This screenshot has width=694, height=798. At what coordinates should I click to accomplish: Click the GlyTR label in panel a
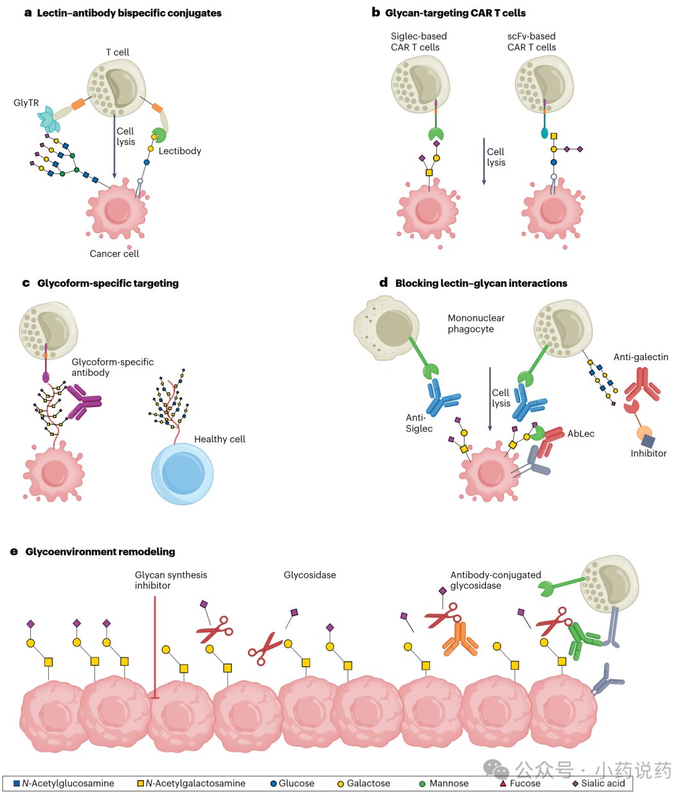pyautogui.click(x=26, y=103)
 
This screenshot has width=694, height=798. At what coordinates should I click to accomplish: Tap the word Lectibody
pyautogui.click(x=179, y=151)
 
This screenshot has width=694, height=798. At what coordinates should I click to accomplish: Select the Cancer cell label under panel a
pyautogui.click(x=114, y=254)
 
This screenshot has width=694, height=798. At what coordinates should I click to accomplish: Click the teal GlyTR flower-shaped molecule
pyautogui.click(x=49, y=119)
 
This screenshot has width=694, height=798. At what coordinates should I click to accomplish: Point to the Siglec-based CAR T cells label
pyautogui.click(x=418, y=42)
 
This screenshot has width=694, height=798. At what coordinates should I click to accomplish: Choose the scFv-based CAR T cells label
pyautogui.click(x=531, y=42)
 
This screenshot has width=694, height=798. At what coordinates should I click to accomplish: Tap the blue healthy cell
pyautogui.click(x=182, y=474)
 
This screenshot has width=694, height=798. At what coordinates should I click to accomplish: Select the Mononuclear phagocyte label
pyautogui.click(x=476, y=324)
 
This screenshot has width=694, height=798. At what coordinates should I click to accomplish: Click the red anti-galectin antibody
pyautogui.click(x=642, y=384)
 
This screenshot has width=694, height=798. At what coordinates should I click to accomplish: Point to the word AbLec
pyautogui.click(x=581, y=434)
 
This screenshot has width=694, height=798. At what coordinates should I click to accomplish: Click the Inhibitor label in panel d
pyautogui.click(x=648, y=453)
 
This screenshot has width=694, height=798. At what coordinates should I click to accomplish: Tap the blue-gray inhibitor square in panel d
pyautogui.click(x=648, y=441)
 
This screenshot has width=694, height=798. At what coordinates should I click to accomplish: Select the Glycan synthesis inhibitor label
pyautogui.click(x=171, y=580)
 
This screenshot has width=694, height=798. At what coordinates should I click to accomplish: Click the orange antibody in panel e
pyautogui.click(x=460, y=639)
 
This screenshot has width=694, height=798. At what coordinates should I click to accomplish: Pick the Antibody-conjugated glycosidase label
pyautogui.click(x=495, y=580)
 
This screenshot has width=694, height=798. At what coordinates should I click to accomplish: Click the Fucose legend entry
pyautogui.click(x=520, y=783)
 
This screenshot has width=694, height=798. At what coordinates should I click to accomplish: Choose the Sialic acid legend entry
pyautogui.click(x=598, y=783)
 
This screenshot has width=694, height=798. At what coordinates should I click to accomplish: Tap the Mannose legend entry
pyautogui.click(x=443, y=783)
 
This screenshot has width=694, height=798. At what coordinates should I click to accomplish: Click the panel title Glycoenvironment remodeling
pyautogui.click(x=100, y=551)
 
